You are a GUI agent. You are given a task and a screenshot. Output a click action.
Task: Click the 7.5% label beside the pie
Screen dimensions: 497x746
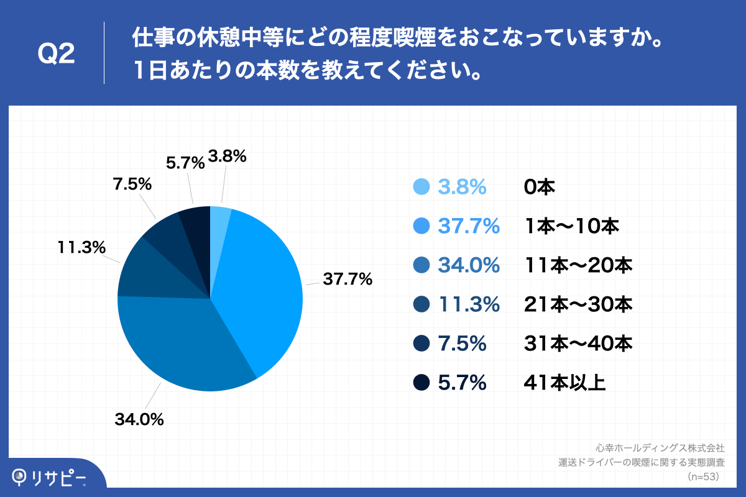click(132, 185)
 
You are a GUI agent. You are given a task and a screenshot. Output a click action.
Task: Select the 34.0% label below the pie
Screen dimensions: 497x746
click(139, 420)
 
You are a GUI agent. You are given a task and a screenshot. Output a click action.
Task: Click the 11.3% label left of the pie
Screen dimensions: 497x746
click(81, 247)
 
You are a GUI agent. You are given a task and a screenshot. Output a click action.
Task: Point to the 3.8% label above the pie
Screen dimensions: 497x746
click(228, 157)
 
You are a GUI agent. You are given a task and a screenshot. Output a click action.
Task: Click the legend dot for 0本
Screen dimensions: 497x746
click(421, 187)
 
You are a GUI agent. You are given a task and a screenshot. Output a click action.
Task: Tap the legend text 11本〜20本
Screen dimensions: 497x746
click(578, 266)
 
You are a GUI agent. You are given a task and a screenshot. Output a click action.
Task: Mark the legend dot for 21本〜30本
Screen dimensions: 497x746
click(421, 304)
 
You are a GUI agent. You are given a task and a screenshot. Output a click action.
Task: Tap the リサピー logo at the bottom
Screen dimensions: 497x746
click(50, 477)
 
